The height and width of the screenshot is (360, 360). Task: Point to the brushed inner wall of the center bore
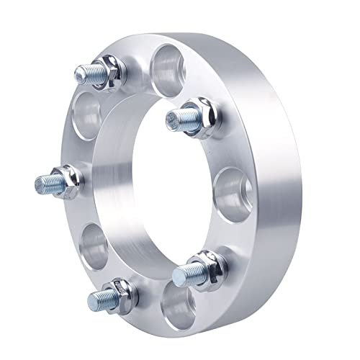click(119, 173)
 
